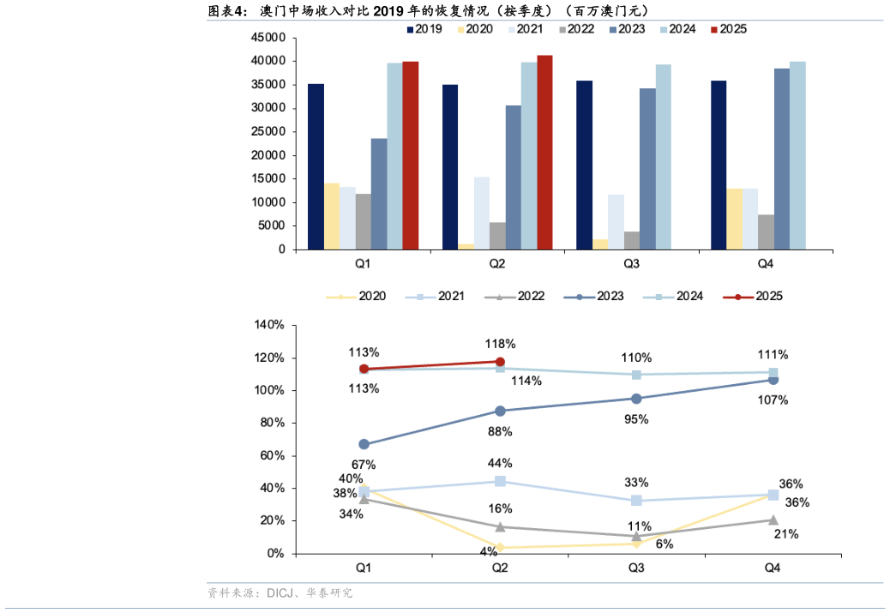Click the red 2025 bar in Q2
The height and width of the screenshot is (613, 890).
(544, 153)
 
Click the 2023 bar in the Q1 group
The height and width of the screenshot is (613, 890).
(379, 194)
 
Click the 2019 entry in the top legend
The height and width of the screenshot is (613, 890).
(424, 29)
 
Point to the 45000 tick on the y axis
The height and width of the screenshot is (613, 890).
(268, 38)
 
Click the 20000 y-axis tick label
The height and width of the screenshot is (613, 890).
(268, 155)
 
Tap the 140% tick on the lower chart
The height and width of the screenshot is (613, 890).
(269, 325)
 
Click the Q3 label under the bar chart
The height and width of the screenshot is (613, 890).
(631, 264)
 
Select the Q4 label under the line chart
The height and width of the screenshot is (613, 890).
(772, 568)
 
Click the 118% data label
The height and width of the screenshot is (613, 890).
(501, 344)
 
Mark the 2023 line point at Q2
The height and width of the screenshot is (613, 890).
(500, 411)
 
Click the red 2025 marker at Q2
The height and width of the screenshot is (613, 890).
(500, 362)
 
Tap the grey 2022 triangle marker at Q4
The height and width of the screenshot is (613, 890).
(773, 520)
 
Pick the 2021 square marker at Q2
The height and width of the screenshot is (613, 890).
(500, 481)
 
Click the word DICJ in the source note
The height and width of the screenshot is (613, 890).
(280, 593)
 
